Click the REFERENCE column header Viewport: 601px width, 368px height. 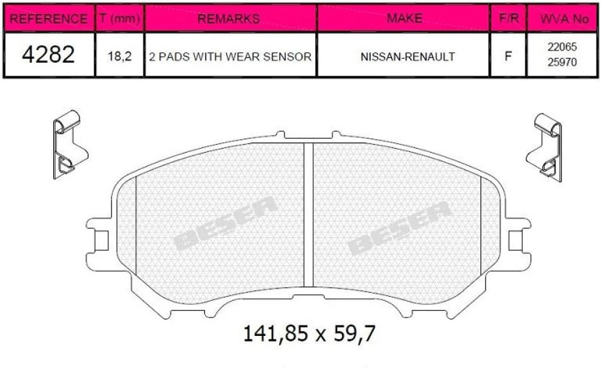[49, 19]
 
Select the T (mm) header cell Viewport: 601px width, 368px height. [120, 19]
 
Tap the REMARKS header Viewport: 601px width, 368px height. [231, 19]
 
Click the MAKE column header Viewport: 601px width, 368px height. [404, 19]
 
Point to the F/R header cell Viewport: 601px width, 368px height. [508, 19]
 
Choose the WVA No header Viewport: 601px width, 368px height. [564, 19]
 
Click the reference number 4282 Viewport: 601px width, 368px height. [49, 56]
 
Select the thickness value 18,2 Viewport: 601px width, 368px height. [120, 56]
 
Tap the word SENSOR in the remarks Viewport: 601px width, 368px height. [288, 56]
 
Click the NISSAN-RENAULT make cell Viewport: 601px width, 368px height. [404, 56]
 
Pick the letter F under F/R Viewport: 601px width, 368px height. [508, 56]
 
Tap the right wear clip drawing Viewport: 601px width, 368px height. [545, 146]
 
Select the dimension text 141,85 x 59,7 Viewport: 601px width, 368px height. [309, 334]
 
